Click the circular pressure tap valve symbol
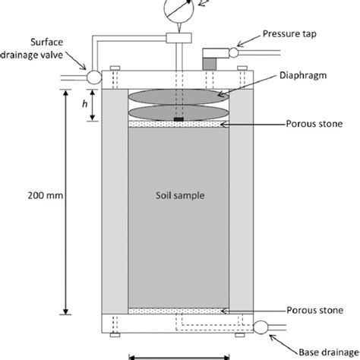232,52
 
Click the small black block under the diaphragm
178,119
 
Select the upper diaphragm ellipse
178,96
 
